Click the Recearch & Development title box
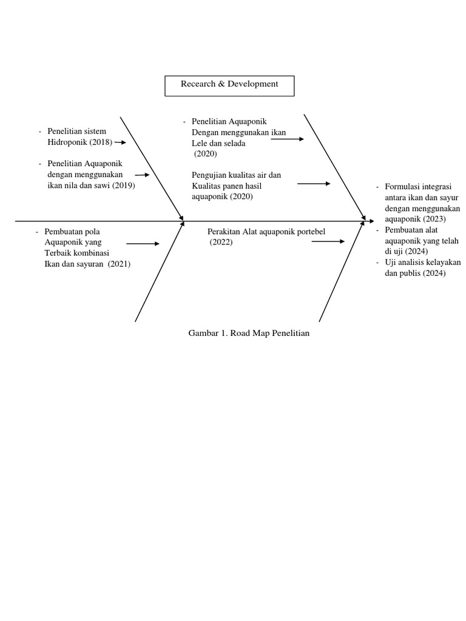pyautogui.click(x=229, y=86)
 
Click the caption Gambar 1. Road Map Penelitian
pyautogui.click(x=249, y=333)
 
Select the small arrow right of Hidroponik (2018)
pyautogui.click(x=120, y=143)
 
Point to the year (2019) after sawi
pyautogui.click(x=123, y=186)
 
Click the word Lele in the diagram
pyautogui.click(x=200, y=144)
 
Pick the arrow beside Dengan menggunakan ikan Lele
pyautogui.click(x=287, y=139)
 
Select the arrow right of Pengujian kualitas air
pyautogui.click(x=314, y=183)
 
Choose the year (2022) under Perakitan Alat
pyautogui.click(x=221, y=242)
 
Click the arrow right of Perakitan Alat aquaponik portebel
pyautogui.click(x=328, y=241)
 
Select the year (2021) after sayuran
pyautogui.click(x=119, y=264)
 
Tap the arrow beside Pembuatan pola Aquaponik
pyautogui.click(x=143, y=244)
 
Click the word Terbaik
pyautogui.click(x=58, y=253)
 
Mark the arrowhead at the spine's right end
pyautogui.click(x=371, y=222)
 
